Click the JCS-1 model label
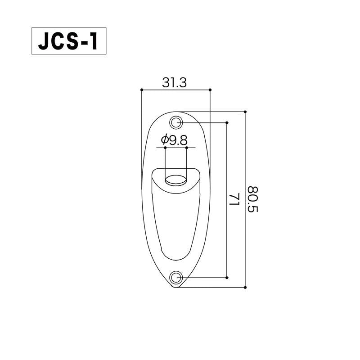click(68, 41)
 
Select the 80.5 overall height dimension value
click(254, 199)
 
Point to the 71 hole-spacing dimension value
click(234, 199)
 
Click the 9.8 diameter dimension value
click(178, 140)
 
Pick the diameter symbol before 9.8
click(164, 140)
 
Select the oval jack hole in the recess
click(175, 181)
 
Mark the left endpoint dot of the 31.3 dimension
click(141, 90)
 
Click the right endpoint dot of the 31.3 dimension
click(210, 90)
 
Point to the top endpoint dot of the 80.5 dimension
click(245, 111)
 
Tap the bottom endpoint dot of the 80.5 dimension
click(245, 287)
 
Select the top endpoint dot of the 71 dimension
click(227, 122)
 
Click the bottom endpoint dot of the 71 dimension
click(227, 277)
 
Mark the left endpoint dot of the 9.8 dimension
click(165, 148)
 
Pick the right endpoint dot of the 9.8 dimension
click(186, 148)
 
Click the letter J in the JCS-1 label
click(43, 42)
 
